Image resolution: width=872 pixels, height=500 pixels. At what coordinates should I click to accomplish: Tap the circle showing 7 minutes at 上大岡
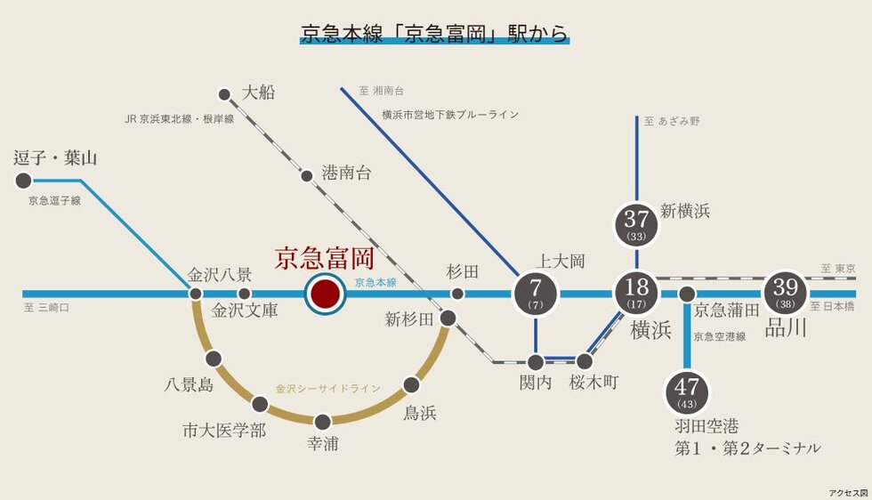536,294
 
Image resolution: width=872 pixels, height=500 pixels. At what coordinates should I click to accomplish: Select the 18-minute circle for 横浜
637,293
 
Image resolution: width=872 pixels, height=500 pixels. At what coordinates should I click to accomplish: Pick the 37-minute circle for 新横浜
637,224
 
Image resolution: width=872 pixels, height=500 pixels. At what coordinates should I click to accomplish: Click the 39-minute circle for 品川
786,293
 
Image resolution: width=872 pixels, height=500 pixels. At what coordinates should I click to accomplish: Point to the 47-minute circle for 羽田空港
686,392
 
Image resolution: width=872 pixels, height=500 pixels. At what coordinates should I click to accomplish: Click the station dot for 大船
224,93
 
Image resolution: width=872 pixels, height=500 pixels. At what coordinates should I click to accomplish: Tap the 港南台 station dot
307,175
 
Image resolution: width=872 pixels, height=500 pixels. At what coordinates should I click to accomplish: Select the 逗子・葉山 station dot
23,181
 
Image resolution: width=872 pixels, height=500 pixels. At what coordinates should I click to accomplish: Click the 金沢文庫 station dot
244,294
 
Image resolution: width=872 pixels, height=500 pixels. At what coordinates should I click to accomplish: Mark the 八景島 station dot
213,359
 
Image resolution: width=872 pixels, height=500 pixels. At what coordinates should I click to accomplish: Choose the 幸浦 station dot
323,421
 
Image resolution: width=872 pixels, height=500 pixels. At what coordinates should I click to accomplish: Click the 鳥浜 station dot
411,385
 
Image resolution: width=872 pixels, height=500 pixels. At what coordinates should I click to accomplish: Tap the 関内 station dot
536,361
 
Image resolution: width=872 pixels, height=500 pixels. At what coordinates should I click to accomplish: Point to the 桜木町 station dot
585,361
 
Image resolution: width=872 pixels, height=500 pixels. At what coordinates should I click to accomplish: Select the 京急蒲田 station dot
686,294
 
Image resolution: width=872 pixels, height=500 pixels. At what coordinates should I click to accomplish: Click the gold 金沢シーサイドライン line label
327,389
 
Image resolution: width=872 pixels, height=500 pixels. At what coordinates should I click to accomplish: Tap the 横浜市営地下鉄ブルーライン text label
449,115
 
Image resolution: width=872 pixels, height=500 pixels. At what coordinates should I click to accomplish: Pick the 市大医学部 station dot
260,405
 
